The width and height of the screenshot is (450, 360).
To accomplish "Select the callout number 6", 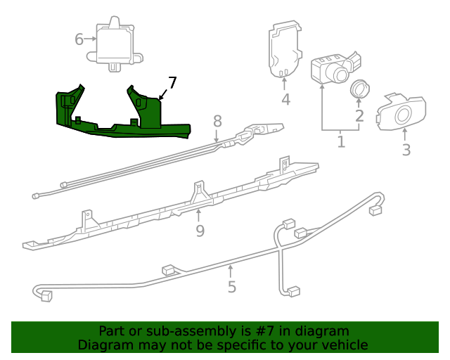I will [x=79, y=39].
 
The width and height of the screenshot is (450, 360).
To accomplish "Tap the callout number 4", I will [x=285, y=99].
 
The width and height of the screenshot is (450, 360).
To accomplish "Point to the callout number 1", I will [x=341, y=142].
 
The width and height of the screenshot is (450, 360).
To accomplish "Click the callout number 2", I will [x=359, y=116].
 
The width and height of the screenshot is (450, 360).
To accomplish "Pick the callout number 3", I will [x=406, y=149].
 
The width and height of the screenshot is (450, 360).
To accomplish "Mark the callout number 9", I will [x=200, y=231].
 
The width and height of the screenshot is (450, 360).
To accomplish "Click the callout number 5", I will [x=231, y=286].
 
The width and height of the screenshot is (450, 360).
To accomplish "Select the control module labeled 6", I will [x=112, y=44].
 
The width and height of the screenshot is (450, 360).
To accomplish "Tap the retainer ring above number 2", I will [x=359, y=89].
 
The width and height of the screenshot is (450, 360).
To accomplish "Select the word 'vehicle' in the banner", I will [x=345, y=345].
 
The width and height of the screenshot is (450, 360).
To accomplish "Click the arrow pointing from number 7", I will [x=163, y=94].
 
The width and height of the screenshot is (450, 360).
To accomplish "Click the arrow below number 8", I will [x=217, y=136].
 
